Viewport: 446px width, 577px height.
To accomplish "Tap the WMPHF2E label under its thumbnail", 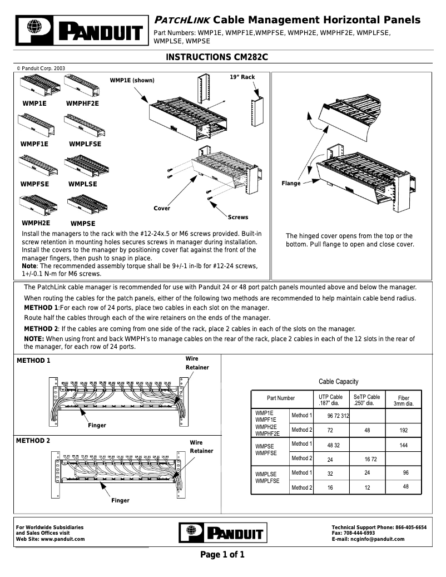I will point(82,103).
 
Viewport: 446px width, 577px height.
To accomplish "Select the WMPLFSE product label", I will point(85,144).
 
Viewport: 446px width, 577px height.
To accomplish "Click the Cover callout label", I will point(162,208).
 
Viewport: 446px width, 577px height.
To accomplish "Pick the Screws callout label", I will point(238,217).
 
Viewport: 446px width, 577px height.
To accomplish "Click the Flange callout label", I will point(291,183).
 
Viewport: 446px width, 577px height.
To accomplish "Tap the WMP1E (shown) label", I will point(132,81).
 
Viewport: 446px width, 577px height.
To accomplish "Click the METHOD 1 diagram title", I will point(33,361).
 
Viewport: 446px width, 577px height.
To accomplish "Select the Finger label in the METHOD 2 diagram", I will point(120,500).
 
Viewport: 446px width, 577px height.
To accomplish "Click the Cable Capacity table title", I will point(338,382).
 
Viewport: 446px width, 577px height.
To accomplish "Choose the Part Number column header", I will point(281,398).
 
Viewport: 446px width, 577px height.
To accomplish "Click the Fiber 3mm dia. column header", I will point(404,401).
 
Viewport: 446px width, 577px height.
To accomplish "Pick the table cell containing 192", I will point(404,430).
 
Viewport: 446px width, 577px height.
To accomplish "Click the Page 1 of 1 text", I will point(222,555).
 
